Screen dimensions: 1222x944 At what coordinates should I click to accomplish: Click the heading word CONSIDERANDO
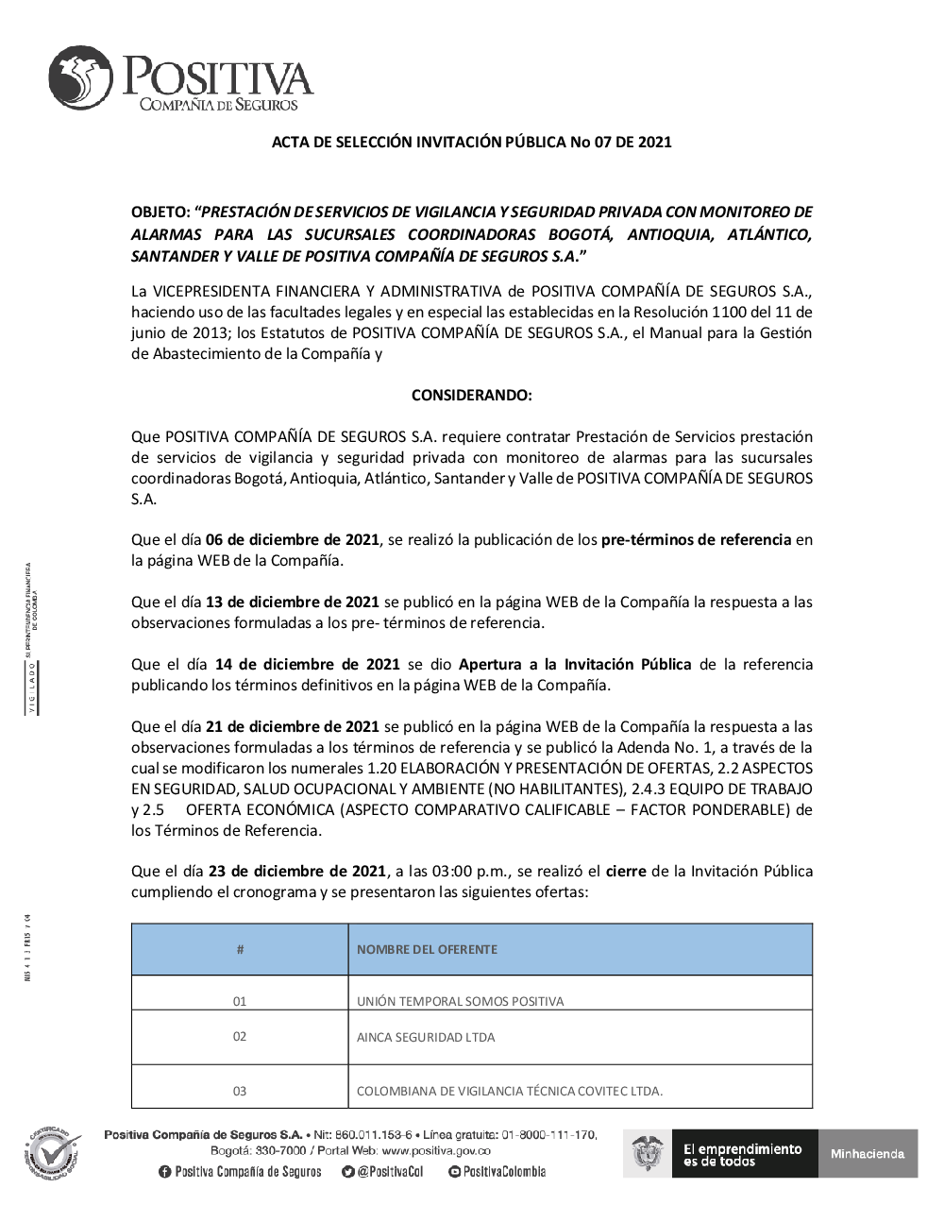pos(471,395)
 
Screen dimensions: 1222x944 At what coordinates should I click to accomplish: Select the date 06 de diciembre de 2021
pos(293,540)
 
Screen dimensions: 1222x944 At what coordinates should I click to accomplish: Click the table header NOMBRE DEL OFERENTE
pos(427,949)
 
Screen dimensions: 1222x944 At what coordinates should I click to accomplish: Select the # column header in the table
pos(240,949)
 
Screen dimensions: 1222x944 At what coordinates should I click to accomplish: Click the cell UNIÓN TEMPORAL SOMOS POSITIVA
pos(460,1001)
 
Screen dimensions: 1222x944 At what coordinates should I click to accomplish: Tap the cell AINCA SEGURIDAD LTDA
pos(426,1037)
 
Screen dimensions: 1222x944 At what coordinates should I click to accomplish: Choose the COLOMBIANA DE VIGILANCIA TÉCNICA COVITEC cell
pos(510,1091)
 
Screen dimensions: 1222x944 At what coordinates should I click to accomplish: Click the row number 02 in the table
pos(240,1037)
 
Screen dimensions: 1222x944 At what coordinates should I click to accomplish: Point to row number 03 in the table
pos(240,1091)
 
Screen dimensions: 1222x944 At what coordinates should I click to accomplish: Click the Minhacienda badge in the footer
pos(868,1153)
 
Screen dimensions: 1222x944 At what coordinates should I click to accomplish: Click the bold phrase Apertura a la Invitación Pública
pos(575,665)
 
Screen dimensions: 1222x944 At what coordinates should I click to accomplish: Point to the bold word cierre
pos(626,871)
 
